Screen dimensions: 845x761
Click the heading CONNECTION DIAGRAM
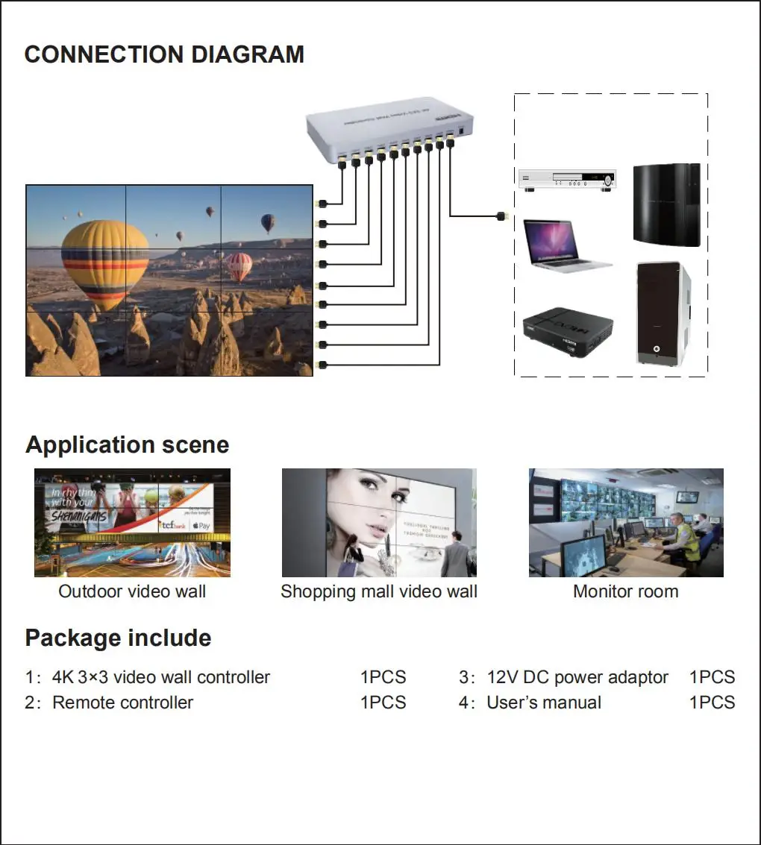click(164, 54)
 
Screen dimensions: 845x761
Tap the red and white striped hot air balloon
click(239, 266)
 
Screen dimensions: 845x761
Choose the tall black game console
click(666, 204)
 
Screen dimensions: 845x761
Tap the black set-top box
click(567, 327)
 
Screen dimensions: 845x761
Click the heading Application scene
click(127, 445)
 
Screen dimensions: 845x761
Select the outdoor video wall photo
click(132, 522)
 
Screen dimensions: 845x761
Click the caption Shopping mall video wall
click(378, 592)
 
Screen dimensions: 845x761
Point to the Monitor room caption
click(625, 592)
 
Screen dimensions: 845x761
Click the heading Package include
click(118, 638)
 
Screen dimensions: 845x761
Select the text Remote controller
click(122, 703)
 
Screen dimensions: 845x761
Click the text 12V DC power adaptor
click(577, 677)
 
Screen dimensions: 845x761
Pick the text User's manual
click(543, 703)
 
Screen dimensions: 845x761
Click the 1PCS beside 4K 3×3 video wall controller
click(383, 677)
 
